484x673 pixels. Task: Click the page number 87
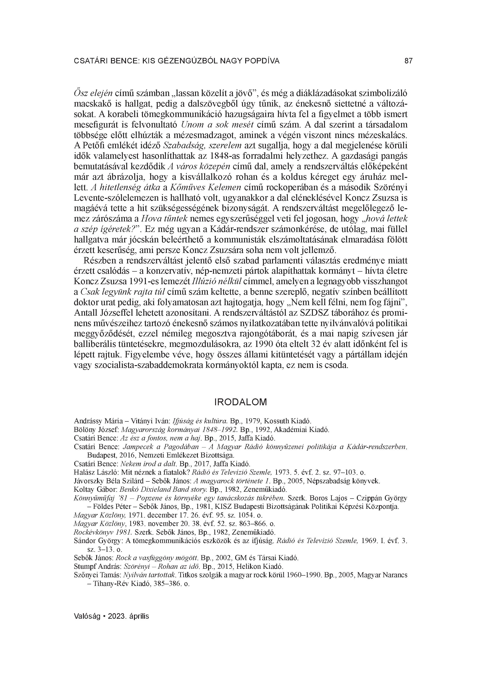pyautogui.click(x=408, y=61)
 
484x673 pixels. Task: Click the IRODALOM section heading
pyautogui.click(x=240, y=402)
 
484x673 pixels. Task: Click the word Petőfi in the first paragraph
pyautogui.click(x=91, y=146)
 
